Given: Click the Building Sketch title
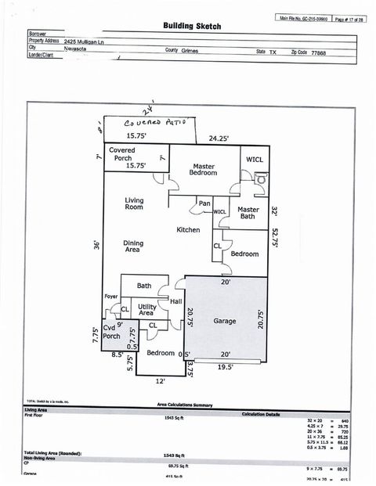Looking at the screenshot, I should click(x=192, y=26).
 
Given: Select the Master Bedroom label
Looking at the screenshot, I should click(x=203, y=169).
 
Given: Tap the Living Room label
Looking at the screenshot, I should click(x=134, y=203).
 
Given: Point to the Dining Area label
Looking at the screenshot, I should click(x=133, y=247).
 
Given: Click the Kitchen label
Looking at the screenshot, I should click(x=187, y=230).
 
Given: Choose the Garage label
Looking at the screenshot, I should click(x=224, y=321).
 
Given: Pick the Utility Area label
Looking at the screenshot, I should click(x=146, y=310).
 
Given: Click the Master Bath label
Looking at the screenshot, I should click(x=248, y=213).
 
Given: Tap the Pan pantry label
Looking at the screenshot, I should click(x=204, y=203).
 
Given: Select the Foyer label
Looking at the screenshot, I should click(x=111, y=297).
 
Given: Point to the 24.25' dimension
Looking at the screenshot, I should click(x=219, y=139).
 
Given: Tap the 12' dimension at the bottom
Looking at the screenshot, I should click(x=161, y=381).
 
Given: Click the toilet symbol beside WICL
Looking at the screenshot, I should click(x=261, y=178).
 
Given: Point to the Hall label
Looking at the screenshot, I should click(x=176, y=301).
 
